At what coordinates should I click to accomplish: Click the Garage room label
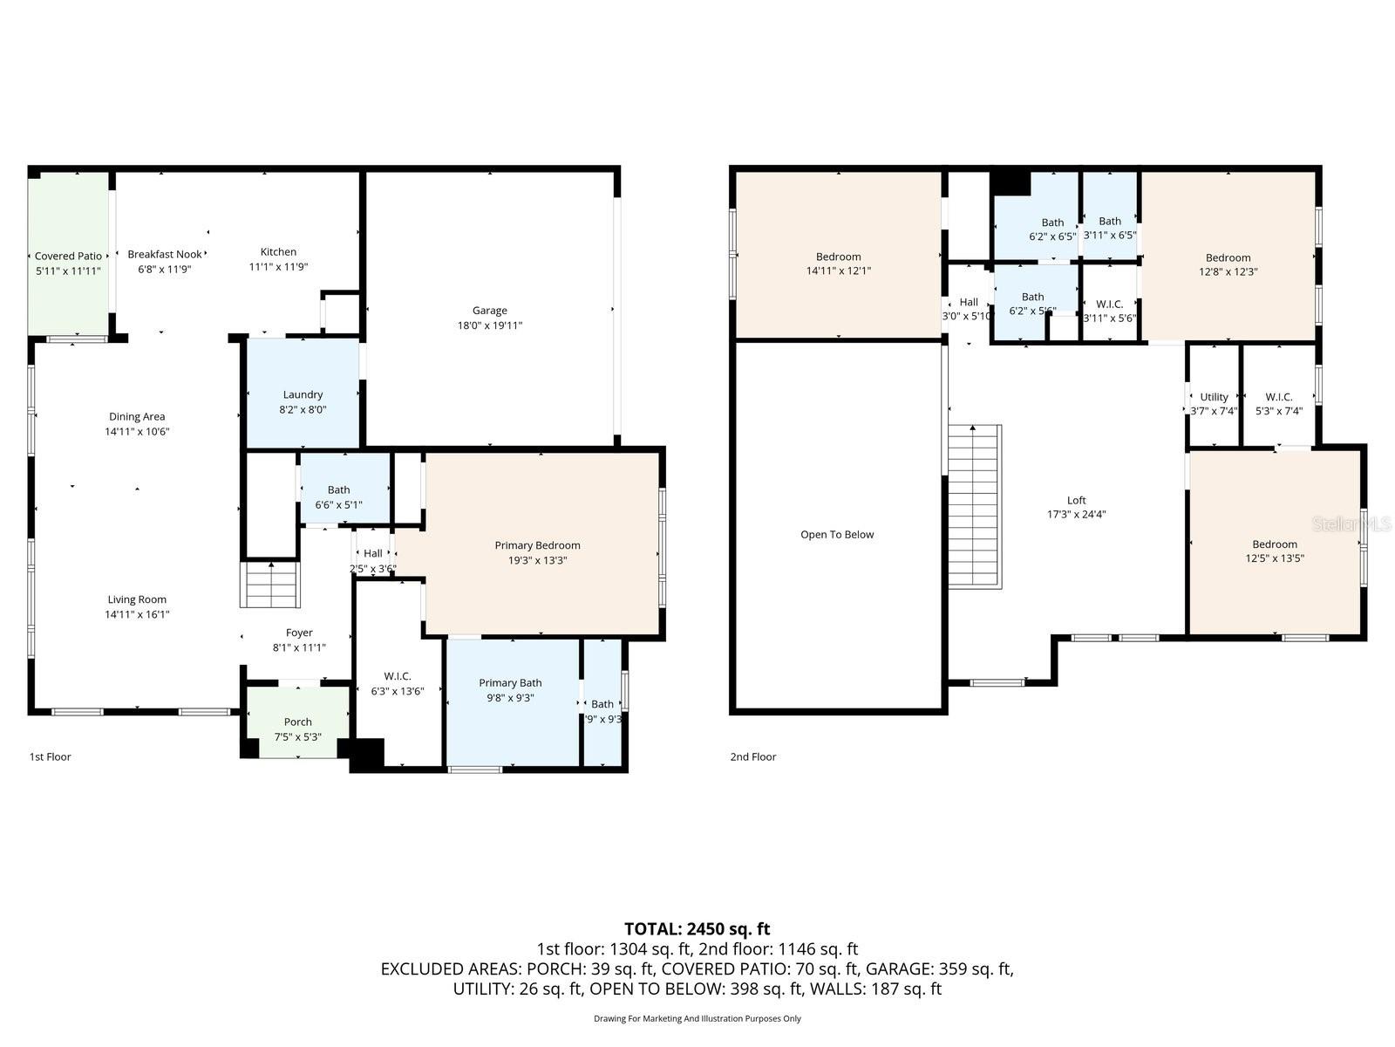coord(489,311)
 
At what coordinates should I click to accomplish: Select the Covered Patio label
coord(68,256)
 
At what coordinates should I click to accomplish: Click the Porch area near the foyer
coord(297,722)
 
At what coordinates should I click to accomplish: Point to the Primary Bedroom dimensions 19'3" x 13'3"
coord(537,560)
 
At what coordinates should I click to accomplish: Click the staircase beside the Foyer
coord(270,585)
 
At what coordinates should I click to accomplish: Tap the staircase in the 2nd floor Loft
coord(974,506)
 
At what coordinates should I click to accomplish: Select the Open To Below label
coord(837,535)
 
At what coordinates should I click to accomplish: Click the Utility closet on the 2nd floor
coord(1214,397)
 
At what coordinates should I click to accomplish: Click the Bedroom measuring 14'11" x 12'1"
coord(838,263)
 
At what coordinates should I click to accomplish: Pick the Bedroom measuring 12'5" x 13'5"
coord(1274,551)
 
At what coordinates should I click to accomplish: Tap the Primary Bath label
coord(510,683)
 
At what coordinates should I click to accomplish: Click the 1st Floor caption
coord(51,756)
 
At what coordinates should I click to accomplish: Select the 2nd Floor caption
coord(752,756)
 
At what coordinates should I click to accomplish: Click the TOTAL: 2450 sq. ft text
coord(697,928)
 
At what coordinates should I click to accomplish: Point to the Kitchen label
coord(278,252)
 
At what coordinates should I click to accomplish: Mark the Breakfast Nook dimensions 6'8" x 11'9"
coord(165,269)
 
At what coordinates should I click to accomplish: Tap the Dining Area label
coord(137,417)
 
